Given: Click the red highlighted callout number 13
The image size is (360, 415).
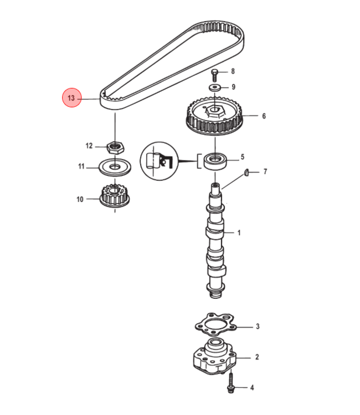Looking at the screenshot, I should [71, 98].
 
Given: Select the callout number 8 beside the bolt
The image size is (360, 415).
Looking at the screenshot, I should [233, 71].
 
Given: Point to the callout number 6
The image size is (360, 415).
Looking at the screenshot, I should [264, 116].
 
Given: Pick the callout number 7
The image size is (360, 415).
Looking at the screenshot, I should [265, 172].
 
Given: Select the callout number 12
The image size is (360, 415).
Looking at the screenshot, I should [89, 146].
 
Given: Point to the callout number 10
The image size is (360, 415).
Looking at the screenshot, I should [80, 199].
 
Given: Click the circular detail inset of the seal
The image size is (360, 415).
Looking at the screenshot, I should [160, 162].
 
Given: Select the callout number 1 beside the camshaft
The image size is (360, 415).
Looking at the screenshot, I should [239, 233].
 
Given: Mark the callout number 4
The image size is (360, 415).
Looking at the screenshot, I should [252, 387].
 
